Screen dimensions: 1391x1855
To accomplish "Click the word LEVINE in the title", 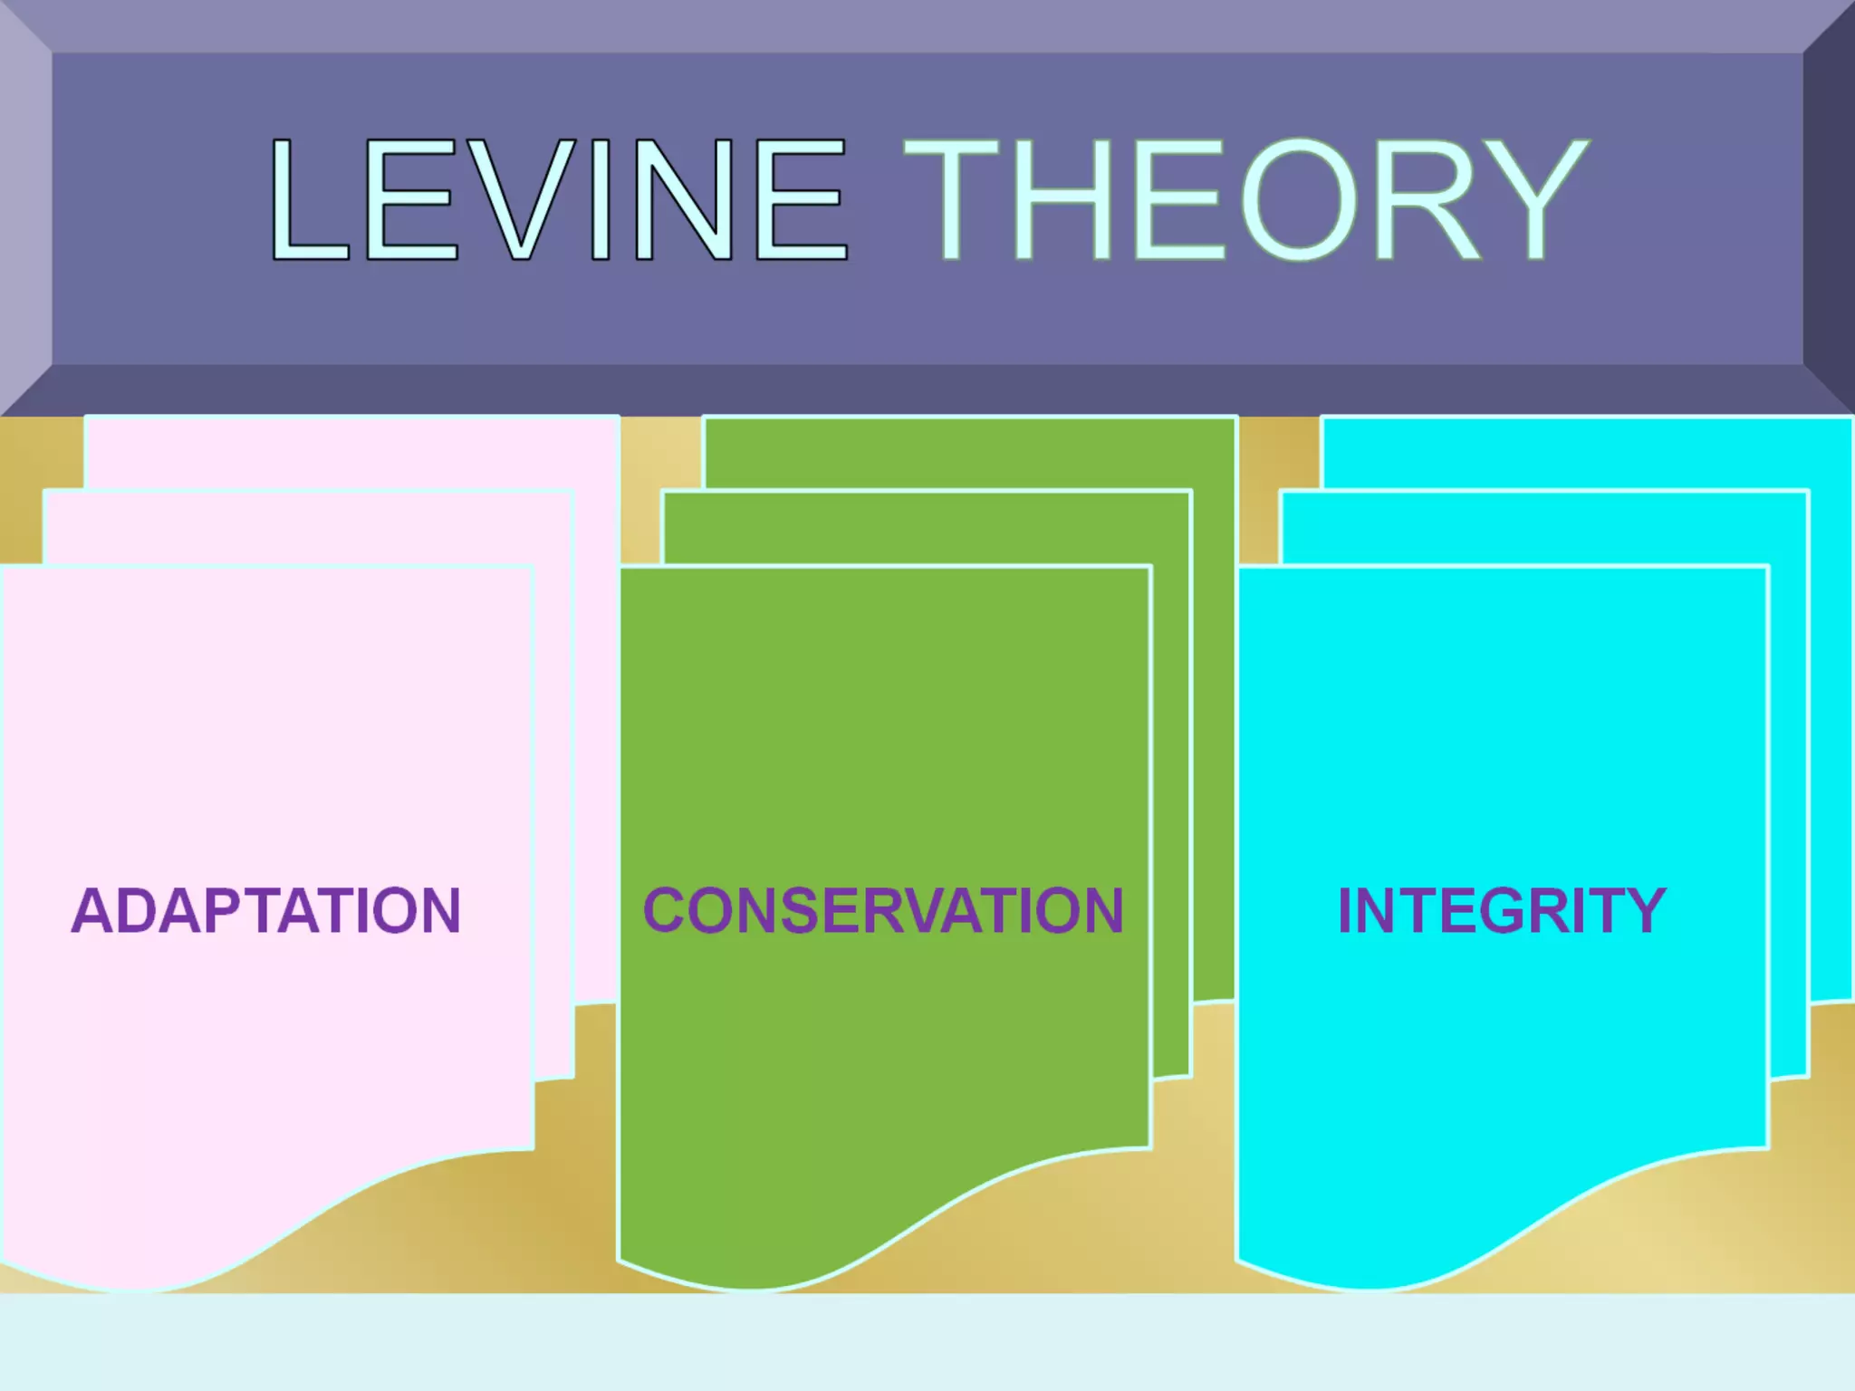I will click(558, 200).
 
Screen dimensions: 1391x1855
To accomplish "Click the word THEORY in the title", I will click(1246, 200).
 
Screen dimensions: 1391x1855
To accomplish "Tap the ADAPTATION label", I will click(266, 910).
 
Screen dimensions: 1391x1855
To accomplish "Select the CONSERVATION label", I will click(884, 910).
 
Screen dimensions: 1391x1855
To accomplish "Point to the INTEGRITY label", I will click(1502, 910).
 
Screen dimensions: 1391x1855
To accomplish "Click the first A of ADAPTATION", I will click(93, 910).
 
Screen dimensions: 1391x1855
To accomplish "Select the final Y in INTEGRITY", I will click(1643, 910).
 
